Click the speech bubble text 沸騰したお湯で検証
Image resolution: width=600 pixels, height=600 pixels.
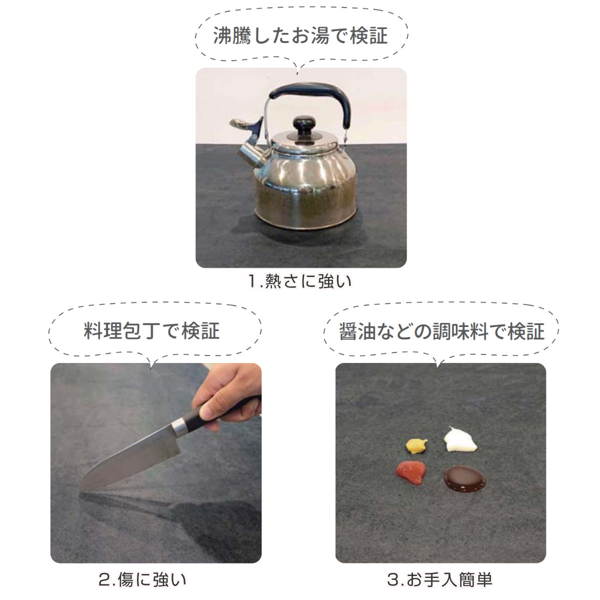(300, 35)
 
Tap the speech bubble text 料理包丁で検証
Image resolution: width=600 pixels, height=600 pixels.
(151, 331)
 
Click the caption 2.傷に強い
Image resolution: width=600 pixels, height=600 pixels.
(142, 578)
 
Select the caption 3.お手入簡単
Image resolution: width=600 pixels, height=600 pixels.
(439, 578)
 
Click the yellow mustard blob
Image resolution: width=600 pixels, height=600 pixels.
(416, 446)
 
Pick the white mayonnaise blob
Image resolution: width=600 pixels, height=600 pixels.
(460, 440)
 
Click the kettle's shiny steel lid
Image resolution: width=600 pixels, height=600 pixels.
(304, 140)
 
